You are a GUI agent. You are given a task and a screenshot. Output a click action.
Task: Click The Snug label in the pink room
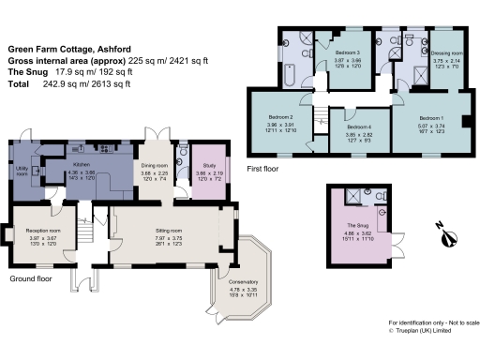click(x=354, y=227)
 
